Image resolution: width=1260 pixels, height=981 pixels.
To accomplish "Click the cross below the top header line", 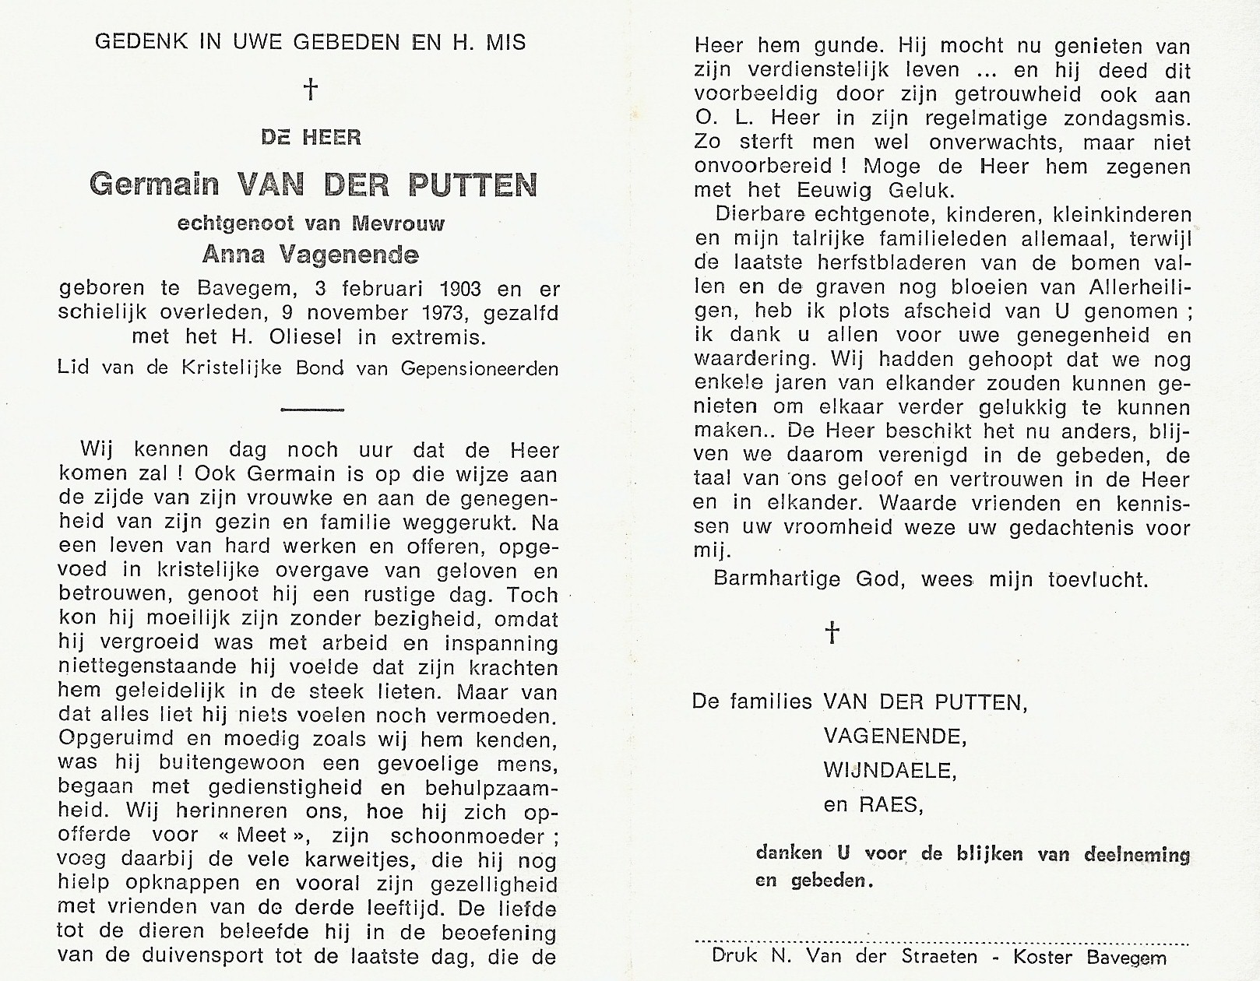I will [x=311, y=90].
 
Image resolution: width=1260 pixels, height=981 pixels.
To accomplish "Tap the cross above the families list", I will [x=832, y=632].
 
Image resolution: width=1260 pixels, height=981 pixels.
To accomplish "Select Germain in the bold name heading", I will [x=156, y=185].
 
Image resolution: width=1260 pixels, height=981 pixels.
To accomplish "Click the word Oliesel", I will [x=328, y=338].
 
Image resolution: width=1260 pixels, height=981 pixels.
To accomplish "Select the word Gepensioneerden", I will [x=480, y=368].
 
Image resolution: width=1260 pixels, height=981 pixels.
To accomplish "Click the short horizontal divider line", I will [x=311, y=409].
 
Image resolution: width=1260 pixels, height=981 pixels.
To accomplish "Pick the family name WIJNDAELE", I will [x=889, y=770].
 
